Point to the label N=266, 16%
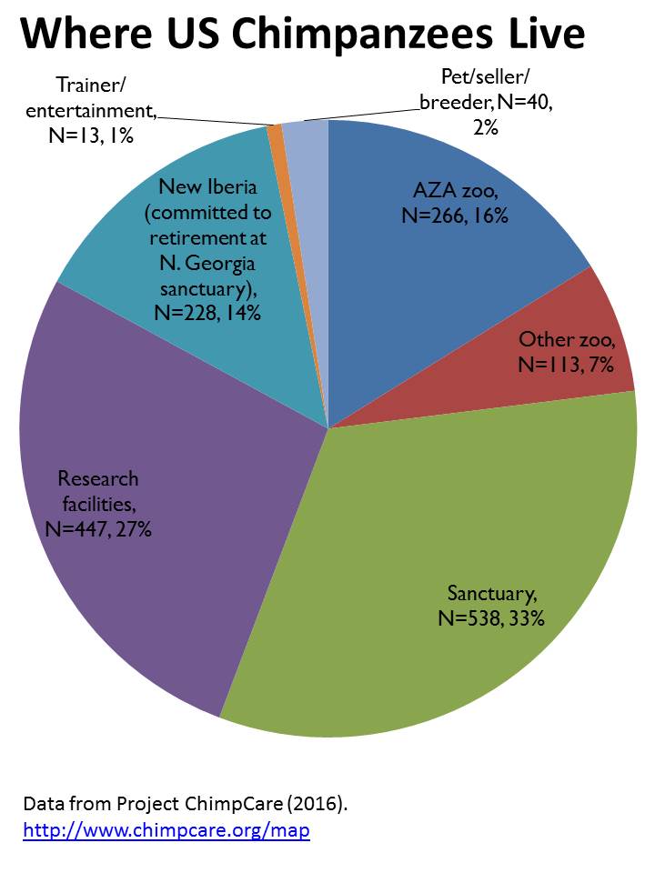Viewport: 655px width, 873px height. [454, 216]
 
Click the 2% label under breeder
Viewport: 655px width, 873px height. [485, 129]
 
